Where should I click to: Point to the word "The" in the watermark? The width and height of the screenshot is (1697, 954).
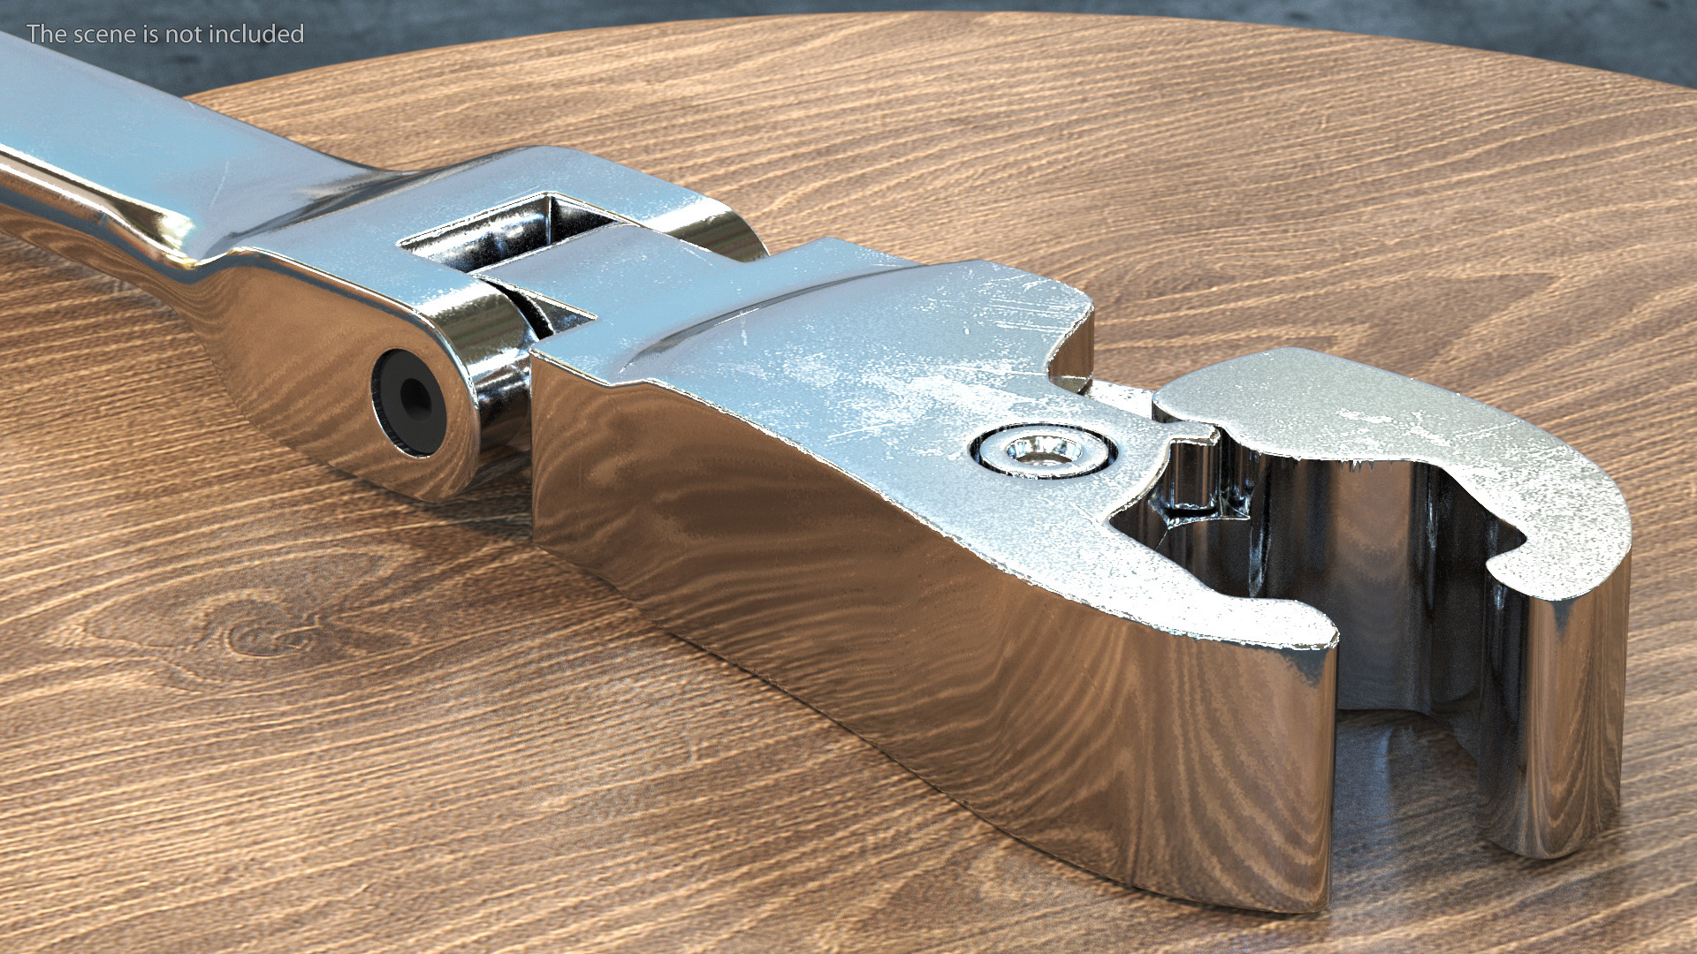point(47,34)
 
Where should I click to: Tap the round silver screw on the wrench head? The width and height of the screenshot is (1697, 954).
point(1044,450)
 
